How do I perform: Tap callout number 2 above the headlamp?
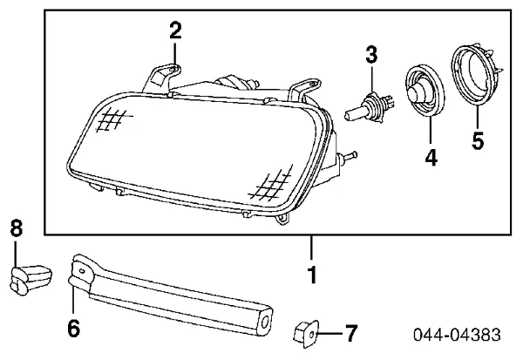[175, 31]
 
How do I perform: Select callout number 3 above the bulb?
[371, 54]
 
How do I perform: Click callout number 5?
[478, 140]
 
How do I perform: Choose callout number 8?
[17, 230]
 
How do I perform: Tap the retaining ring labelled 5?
[475, 78]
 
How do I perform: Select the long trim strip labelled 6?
[174, 295]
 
